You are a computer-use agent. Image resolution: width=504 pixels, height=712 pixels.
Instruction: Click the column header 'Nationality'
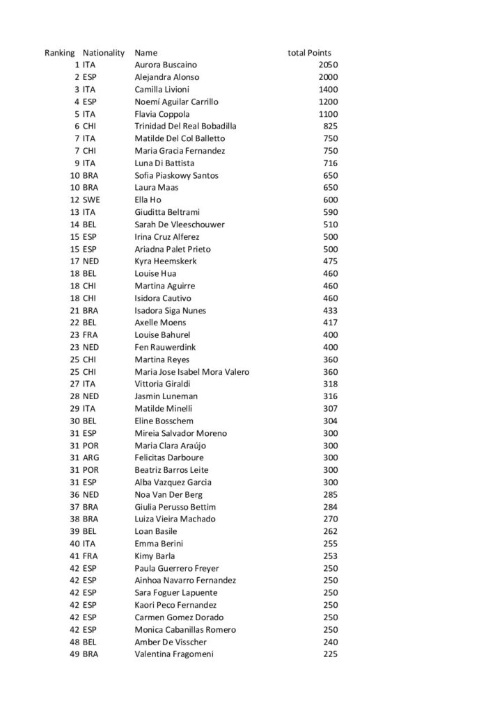(x=103, y=53)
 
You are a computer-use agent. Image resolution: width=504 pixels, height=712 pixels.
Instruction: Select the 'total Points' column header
(x=309, y=53)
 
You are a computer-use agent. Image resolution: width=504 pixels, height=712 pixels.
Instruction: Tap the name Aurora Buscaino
(x=164, y=65)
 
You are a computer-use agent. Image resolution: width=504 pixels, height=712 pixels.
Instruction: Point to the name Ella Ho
(x=148, y=200)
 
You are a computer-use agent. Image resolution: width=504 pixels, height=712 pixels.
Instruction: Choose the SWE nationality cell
(x=91, y=200)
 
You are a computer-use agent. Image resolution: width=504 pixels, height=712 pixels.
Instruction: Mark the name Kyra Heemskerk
(x=165, y=261)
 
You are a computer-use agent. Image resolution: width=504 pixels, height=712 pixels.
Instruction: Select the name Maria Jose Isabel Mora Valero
(x=191, y=372)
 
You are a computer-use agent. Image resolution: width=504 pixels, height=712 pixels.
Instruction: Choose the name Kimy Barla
(x=155, y=556)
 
